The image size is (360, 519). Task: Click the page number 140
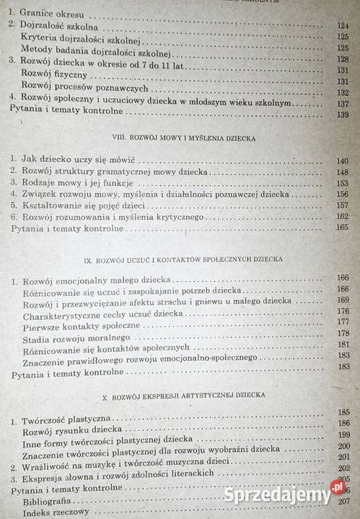click(341, 161)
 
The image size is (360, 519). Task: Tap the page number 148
click(341, 172)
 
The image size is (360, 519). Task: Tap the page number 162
click(342, 216)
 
